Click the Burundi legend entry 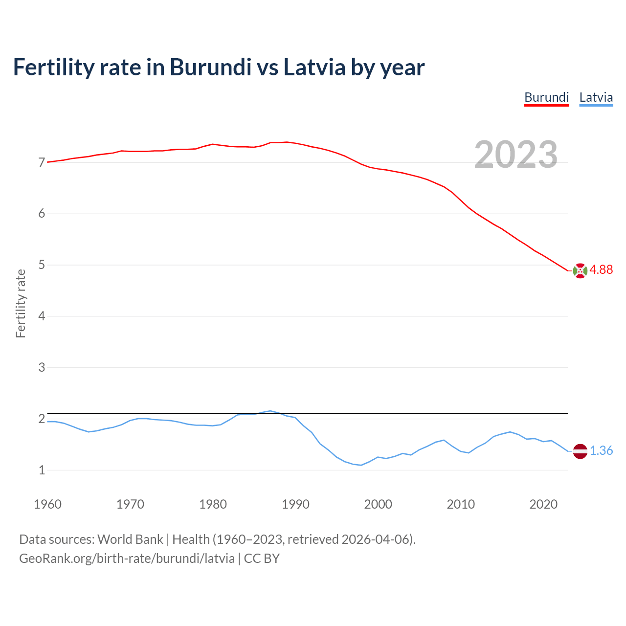546,97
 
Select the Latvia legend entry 596,97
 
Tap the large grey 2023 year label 516,155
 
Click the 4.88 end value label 601,270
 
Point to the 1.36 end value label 601,451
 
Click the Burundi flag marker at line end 580,270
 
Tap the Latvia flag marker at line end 580,451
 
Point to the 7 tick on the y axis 42,162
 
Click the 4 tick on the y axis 42,316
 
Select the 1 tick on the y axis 42,470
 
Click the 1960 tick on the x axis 47,504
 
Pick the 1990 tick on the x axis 295,504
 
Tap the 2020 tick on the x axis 543,504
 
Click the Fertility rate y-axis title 21,303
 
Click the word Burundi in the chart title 210,67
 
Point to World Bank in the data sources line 130,539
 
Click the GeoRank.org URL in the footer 127,559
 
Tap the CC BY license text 262,559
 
